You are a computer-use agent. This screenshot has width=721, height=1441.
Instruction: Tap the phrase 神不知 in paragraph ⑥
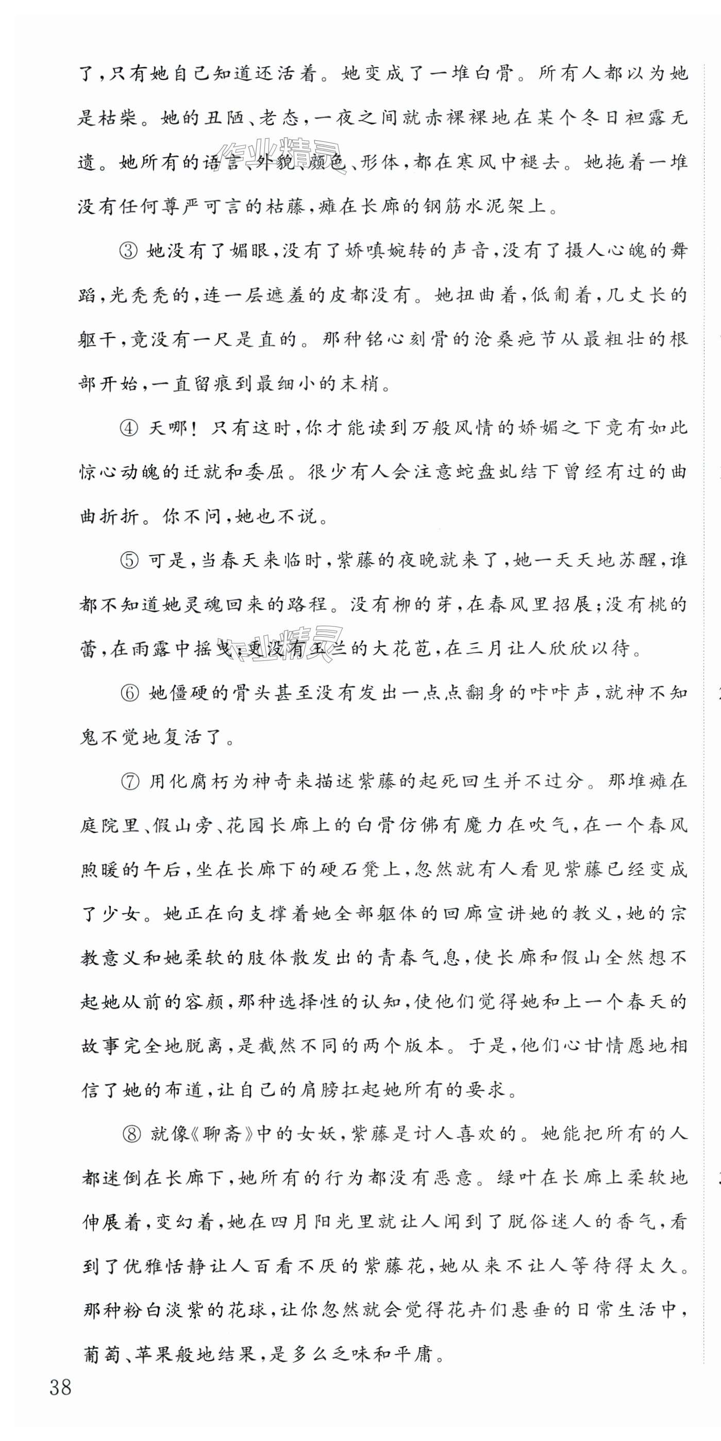pyautogui.click(x=656, y=693)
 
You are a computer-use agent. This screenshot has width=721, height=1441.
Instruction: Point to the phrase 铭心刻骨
pyautogui.click(x=396, y=340)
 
